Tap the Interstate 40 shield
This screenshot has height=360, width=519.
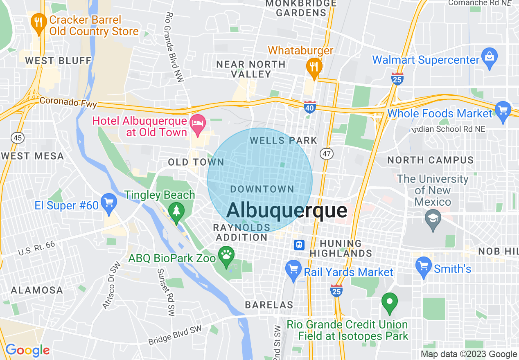point(310,107)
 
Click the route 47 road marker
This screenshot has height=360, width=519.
point(327,153)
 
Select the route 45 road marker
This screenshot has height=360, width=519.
point(18,138)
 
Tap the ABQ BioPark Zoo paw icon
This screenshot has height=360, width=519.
point(226,256)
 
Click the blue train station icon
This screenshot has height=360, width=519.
point(299,245)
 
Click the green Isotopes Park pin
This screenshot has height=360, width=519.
point(389,302)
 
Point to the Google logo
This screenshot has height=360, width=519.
point(27,350)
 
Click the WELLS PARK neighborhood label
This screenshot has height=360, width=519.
point(284,140)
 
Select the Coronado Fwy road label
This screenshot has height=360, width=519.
point(68,102)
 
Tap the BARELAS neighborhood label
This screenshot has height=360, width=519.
point(269,305)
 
